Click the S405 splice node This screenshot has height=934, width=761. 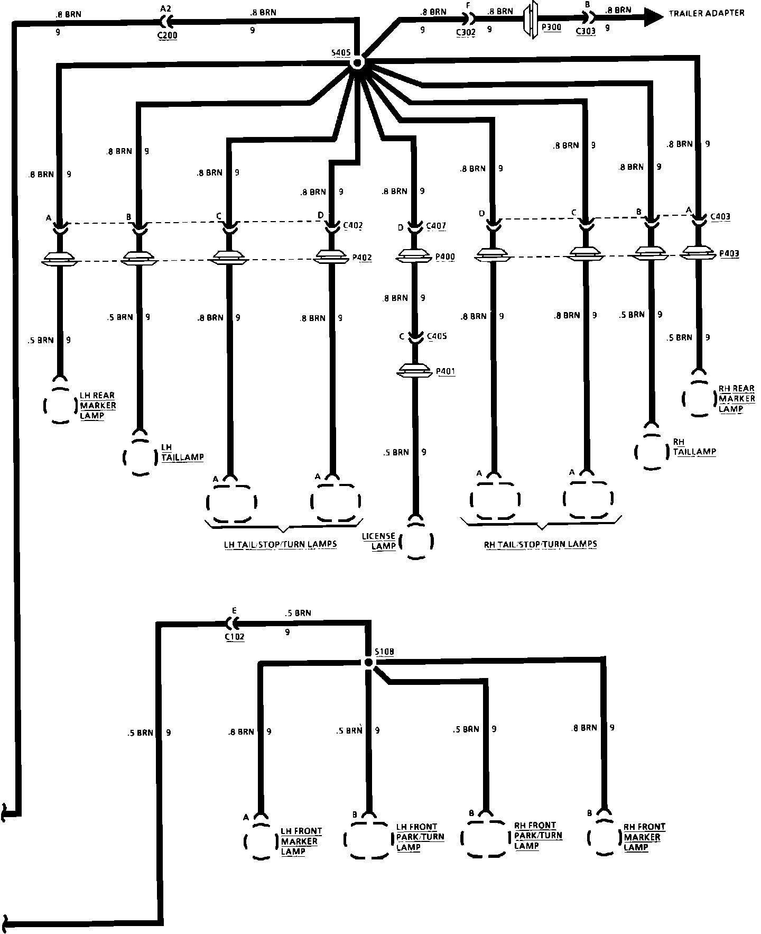357,63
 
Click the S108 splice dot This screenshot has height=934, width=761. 368,663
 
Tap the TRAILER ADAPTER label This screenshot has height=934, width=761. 706,13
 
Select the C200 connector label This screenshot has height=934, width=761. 168,36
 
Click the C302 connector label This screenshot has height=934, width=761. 466,32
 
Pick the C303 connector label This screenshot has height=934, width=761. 586,31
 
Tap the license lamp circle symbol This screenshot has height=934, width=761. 416,541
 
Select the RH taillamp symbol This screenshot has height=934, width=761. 651,452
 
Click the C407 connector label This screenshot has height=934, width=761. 435,226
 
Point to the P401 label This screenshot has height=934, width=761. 446,371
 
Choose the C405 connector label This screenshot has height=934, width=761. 437,336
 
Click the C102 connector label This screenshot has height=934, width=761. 234,637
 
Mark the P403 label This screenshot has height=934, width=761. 729,253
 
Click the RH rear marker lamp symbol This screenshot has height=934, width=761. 699,399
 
